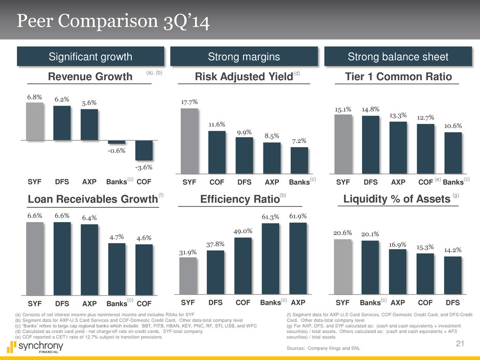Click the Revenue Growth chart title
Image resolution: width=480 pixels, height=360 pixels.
point(90,77)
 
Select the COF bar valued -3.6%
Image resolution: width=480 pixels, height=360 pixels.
point(144,150)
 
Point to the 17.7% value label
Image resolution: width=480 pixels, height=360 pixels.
point(190,102)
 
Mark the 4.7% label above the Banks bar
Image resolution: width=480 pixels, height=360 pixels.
point(117,237)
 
